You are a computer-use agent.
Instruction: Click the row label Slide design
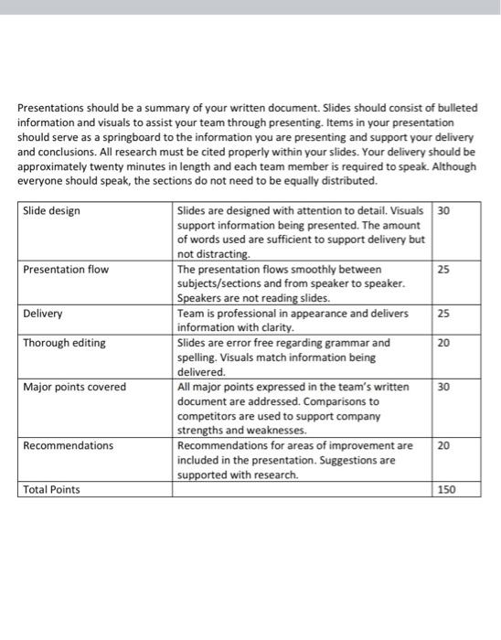pos(51,211)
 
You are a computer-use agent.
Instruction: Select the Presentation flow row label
pos(66,270)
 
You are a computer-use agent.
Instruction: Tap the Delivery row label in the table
pos(43,314)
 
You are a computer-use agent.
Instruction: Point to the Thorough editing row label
pos(64,343)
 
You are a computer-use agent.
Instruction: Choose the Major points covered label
pos(75,387)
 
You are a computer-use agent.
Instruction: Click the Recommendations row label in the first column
pos(69,445)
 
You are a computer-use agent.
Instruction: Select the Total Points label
pos(51,489)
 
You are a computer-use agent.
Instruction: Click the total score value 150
pos(446,489)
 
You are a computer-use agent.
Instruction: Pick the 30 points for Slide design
pos(443,211)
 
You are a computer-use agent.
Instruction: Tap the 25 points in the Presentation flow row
pos(443,270)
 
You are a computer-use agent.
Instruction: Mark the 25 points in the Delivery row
pos(443,314)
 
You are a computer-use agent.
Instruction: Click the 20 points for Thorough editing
pos(443,343)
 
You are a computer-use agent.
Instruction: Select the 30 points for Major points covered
pos(443,387)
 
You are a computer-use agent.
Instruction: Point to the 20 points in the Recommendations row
pos(443,445)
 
